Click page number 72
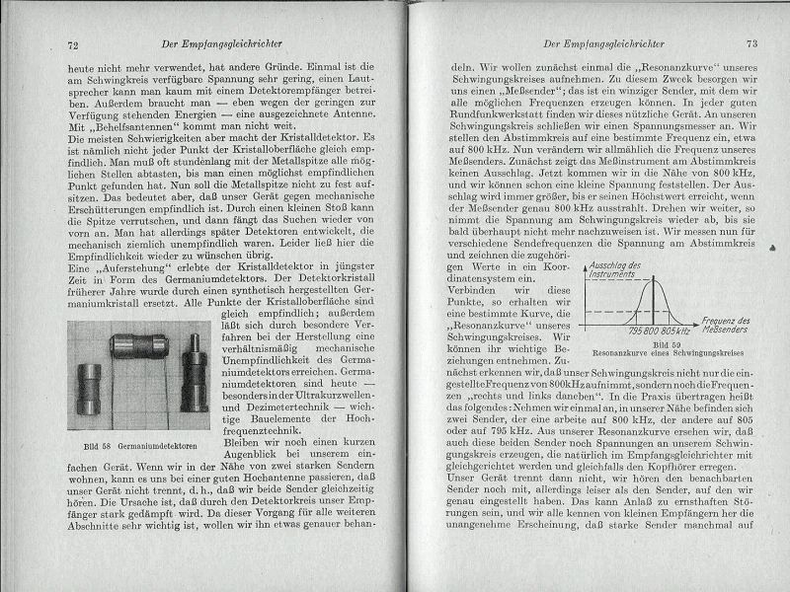click(73, 44)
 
